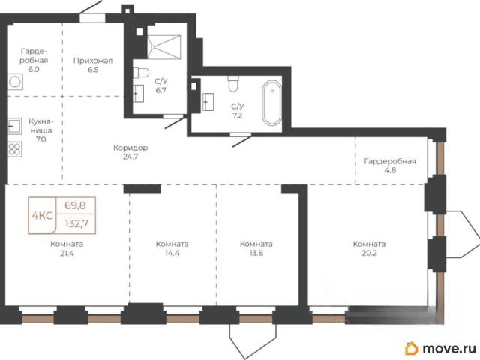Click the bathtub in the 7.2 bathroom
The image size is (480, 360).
[271, 103]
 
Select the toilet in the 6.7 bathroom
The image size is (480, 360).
[141, 73]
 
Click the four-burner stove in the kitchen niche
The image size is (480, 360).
[15, 150]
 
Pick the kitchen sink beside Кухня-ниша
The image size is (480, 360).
[15, 126]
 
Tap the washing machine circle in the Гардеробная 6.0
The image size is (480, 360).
[15, 82]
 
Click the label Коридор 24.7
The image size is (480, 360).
[130, 152]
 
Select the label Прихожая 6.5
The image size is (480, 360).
[93, 65]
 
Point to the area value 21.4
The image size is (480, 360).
[67, 253]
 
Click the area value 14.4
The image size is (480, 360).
[172, 253]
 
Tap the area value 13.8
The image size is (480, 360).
[256, 253]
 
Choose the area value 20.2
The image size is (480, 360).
[369, 253]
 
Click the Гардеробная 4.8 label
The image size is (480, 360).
[390, 166]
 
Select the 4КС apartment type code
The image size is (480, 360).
[42, 216]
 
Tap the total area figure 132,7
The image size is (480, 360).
[76, 223]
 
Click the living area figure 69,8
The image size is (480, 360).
[75, 205]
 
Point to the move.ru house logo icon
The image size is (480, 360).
[411, 348]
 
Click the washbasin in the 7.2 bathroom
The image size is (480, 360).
[208, 102]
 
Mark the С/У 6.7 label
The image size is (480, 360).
[161, 85]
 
